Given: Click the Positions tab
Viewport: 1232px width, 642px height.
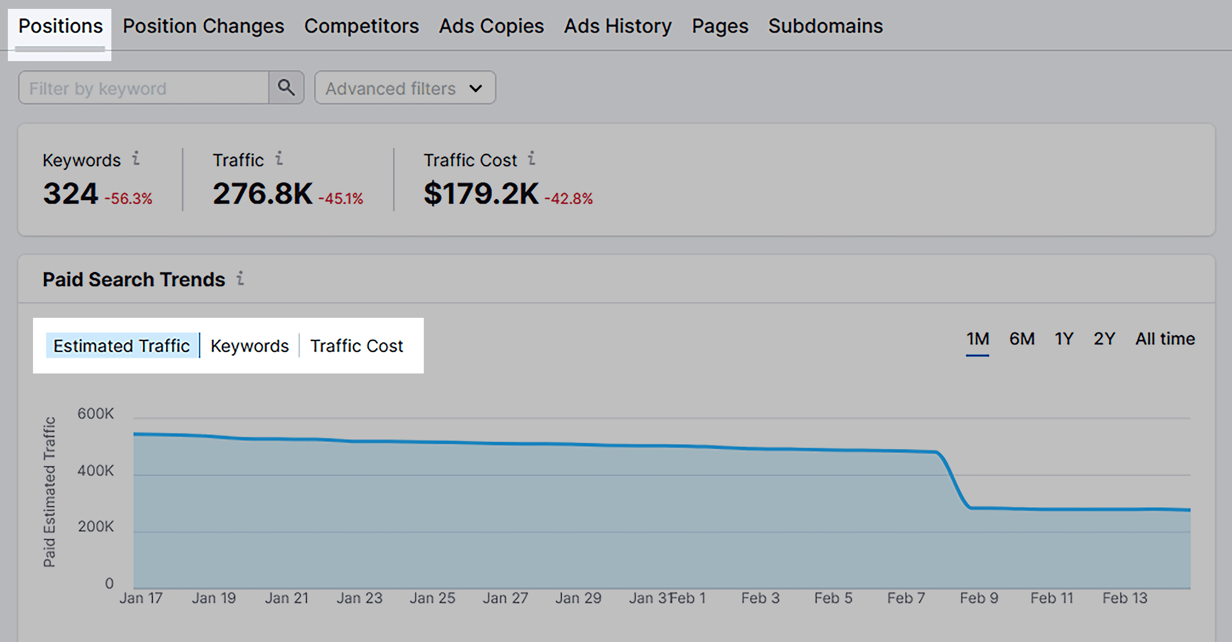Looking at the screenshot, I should click(60, 27).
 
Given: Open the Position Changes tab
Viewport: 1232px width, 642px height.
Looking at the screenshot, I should click(203, 27).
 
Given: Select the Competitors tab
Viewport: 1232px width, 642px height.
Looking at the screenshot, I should click(361, 27).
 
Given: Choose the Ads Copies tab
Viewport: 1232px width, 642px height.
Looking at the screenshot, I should click(491, 27).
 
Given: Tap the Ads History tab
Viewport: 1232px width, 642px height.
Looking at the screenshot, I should click(617, 27).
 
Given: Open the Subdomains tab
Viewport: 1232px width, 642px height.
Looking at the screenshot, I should click(825, 27).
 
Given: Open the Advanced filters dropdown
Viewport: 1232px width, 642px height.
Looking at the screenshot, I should click(405, 88).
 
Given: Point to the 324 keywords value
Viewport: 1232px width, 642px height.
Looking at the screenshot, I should click(70, 194).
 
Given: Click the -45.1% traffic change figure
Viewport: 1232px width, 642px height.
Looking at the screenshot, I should click(341, 199).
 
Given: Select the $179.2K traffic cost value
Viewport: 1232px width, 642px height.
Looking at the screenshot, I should click(481, 194).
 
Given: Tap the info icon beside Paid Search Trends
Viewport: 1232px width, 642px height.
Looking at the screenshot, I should click(240, 279).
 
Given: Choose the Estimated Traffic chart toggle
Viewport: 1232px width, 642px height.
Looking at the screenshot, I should click(122, 346).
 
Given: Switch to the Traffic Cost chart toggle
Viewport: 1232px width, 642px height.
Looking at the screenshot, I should click(356, 346).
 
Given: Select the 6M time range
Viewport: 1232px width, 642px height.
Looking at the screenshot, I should click(1022, 339).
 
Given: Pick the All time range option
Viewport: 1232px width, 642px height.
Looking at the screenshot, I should click(1165, 339).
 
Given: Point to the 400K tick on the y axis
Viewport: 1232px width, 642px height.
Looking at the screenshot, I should click(96, 471).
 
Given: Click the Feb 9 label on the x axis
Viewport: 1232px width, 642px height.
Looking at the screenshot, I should click(979, 598).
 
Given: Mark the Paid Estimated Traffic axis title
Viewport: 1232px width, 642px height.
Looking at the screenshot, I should click(49, 492).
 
